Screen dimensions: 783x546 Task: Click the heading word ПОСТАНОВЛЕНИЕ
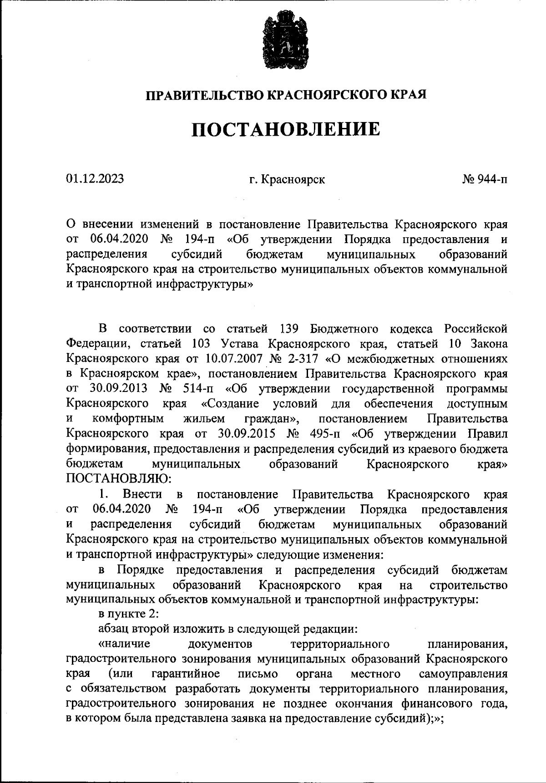285,129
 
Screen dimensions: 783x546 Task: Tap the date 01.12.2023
95,179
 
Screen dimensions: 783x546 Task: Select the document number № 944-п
485,179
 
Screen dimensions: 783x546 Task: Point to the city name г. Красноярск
287,179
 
